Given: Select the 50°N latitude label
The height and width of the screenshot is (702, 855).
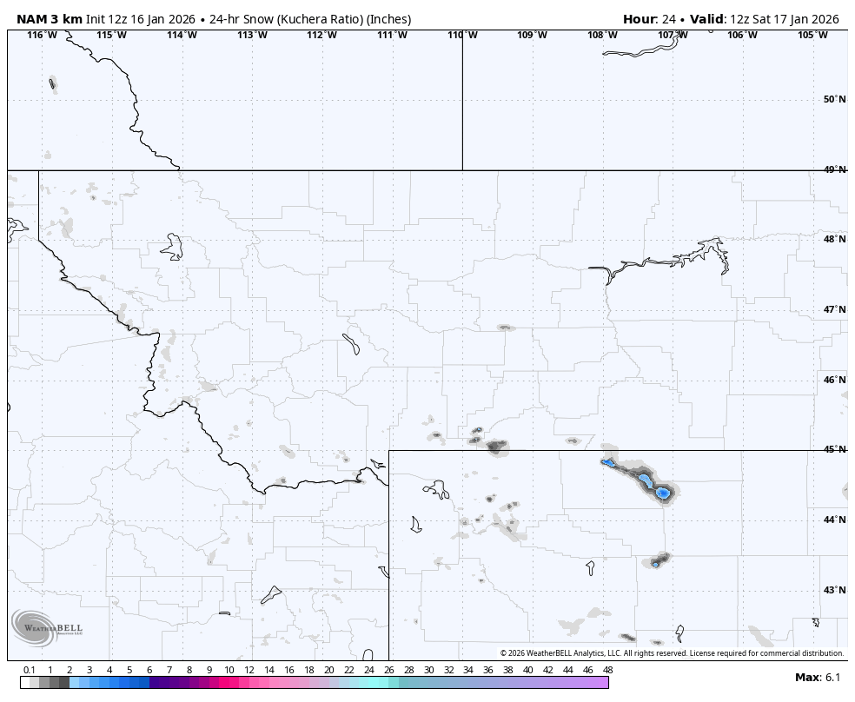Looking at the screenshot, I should click(x=834, y=99).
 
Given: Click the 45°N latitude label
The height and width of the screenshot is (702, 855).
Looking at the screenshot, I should click(x=834, y=449).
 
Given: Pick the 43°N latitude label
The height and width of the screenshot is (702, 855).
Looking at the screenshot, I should click(x=834, y=590).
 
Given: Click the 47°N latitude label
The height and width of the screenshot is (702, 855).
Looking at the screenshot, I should click(x=834, y=309).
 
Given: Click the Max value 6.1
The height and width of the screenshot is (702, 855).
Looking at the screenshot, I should click(x=832, y=678).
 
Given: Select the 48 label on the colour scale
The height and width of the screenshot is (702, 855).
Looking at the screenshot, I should click(x=607, y=670).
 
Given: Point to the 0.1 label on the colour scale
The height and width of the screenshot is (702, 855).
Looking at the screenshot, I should click(x=30, y=670).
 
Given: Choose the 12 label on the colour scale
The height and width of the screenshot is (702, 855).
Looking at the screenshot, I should click(x=249, y=670).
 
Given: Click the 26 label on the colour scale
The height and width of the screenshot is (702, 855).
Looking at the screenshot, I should click(x=388, y=670).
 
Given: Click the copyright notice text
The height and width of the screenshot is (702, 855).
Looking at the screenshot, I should click(x=672, y=653).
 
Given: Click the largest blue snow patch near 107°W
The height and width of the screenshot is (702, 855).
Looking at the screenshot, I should click(x=662, y=493).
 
